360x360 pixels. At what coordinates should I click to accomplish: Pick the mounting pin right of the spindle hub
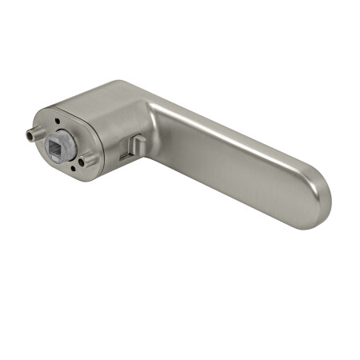pyautogui.click(x=89, y=159)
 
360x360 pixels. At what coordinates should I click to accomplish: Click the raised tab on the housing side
pyautogui.click(x=137, y=144)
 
